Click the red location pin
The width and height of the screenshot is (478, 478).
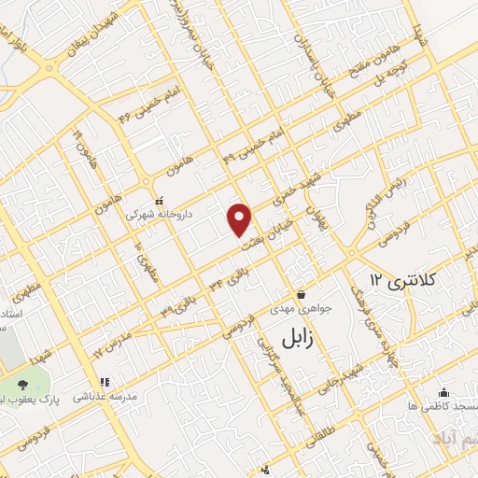click(x=241, y=218)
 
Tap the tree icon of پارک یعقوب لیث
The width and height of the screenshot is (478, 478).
click(x=21, y=384)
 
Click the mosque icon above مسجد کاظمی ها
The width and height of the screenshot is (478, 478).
click(x=443, y=392)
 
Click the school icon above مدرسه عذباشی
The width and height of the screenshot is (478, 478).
click(x=105, y=381)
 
